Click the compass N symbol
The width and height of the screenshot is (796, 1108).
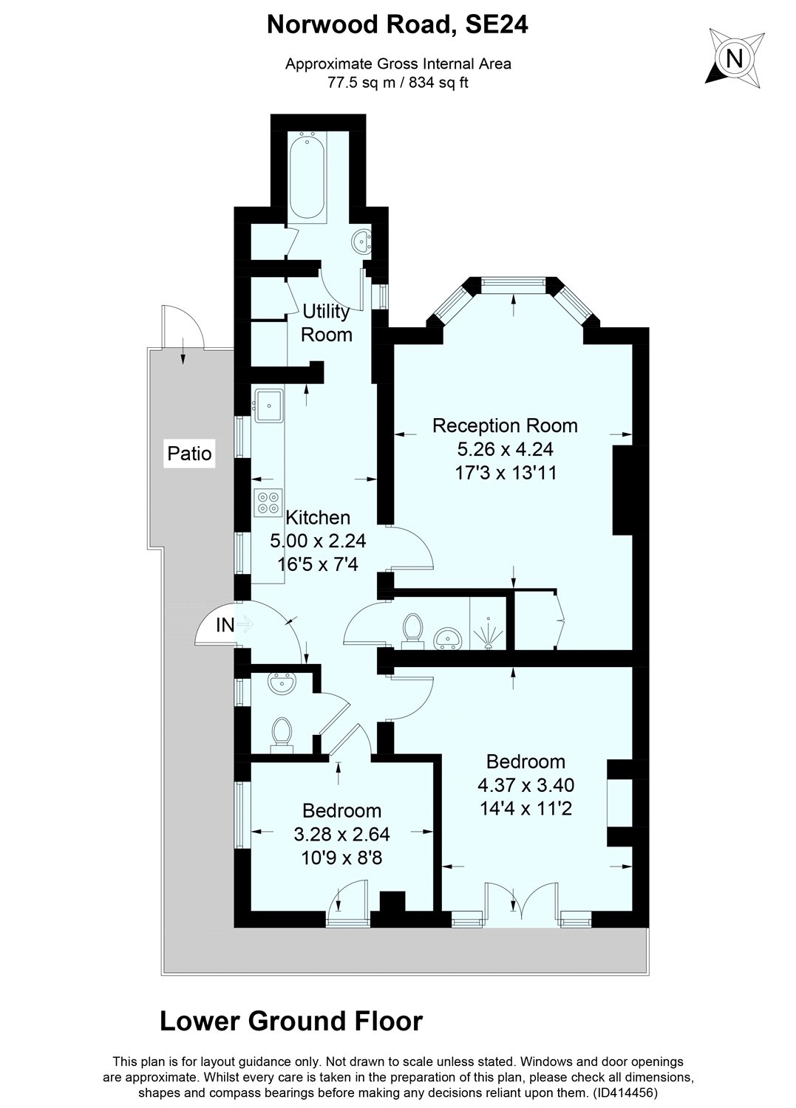point(733,58)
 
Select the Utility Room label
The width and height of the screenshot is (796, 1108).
point(327,323)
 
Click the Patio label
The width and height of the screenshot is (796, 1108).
point(189,454)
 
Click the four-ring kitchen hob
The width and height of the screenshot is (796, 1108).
point(268,502)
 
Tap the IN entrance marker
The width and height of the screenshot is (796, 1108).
point(225,626)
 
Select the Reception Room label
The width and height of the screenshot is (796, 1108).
point(505,425)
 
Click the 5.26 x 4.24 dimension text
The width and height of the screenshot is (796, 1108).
point(506,448)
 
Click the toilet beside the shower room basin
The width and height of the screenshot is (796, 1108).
point(412,630)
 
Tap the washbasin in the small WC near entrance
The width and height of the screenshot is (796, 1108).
point(281,684)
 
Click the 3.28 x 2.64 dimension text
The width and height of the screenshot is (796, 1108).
point(341,835)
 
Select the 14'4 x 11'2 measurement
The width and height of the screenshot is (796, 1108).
point(525,808)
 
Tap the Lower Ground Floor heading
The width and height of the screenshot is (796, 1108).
point(291,1022)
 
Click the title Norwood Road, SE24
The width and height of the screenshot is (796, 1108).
point(398,27)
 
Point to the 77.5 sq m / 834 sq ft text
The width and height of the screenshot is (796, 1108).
point(398,83)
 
